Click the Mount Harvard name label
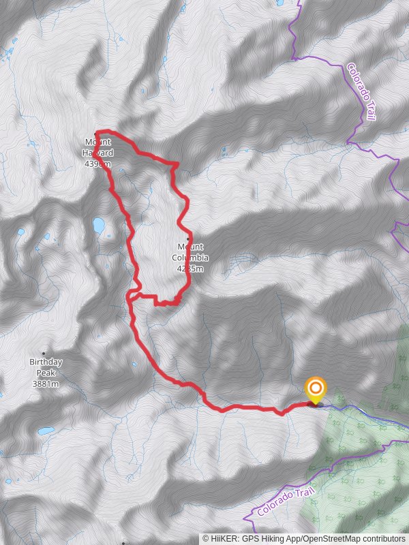click(x=98, y=147)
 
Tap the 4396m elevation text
click(x=98, y=163)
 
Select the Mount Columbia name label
click(x=191, y=252)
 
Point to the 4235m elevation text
click(x=191, y=268)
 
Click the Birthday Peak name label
click(x=46, y=367)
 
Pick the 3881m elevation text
click(x=46, y=384)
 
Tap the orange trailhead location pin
click(x=315, y=390)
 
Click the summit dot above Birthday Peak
click(x=45, y=353)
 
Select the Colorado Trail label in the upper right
click(x=361, y=92)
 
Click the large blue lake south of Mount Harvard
click(x=99, y=224)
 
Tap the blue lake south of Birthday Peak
click(x=46, y=431)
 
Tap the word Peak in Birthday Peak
click(x=46, y=373)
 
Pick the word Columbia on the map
click(x=192, y=258)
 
